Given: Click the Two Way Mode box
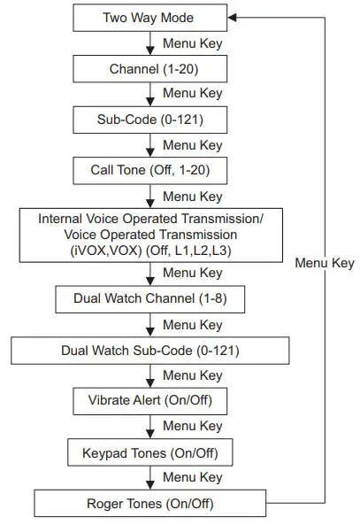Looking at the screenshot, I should tap(149, 17).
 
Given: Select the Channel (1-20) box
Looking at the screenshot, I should tap(149, 67).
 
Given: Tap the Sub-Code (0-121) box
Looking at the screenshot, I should tap(149, 118).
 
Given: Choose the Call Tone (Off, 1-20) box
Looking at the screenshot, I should tap(149, 168).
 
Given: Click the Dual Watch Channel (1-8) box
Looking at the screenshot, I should tap(149, 298).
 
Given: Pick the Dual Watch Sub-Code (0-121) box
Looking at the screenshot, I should tap(149, 350).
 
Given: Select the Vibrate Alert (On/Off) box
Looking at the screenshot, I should tap(149, 400).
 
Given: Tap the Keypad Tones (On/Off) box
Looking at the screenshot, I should tap(149, 453).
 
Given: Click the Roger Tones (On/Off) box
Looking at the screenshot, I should tap(149, 505).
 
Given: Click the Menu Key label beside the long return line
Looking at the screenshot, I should tap(325, 263).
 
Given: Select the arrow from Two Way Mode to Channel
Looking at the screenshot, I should tap(149, 42).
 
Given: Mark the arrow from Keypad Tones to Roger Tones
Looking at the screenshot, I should tap(149, 479).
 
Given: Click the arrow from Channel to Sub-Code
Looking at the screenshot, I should tap(149, 93).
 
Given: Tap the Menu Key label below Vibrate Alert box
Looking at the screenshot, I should tap(193, 427).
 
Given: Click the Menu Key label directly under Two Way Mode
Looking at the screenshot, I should tap(193, 42).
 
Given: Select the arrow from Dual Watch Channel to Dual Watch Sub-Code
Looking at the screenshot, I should tap(149, 324).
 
